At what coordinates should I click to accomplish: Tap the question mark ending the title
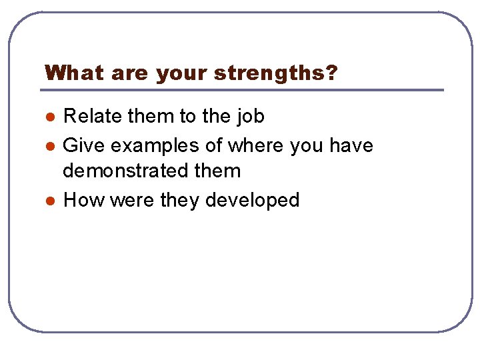pos(331,73)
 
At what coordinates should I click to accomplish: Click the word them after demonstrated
pos(217,171)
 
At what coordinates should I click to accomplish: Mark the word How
pos(81,200)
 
